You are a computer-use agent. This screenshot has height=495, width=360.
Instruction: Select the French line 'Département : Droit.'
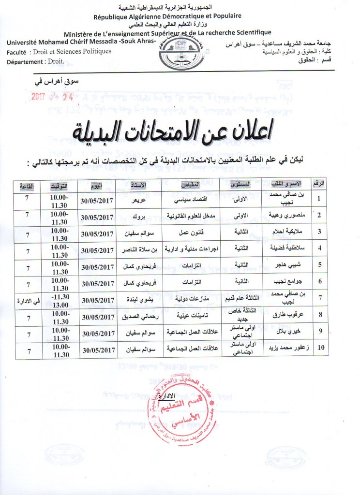coord(34,61)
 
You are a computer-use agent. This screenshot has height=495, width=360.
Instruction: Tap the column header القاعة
coord(27,186)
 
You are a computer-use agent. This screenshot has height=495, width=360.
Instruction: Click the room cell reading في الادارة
coord(27,301)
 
